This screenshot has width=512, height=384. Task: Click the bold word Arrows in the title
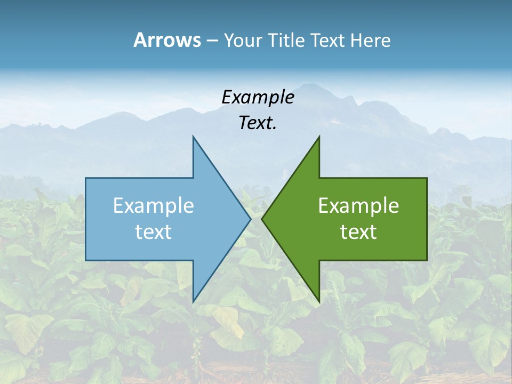[x=167, y=40]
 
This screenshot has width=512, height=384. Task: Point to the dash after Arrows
[x=212, y=41]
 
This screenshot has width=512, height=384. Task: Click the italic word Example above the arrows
[x=258, y=97]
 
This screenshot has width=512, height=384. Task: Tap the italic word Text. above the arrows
[x=258, y=123]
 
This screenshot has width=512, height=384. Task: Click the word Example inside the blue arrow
[x=154, y=205]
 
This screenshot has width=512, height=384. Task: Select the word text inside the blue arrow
[x=154, y=232]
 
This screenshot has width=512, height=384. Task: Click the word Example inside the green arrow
[x=358, y=205]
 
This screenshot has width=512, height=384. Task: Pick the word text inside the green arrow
[x=358, y=232]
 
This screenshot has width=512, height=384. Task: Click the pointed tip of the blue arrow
[x=251, y=219]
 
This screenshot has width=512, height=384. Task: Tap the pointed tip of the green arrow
[x=262, y=219]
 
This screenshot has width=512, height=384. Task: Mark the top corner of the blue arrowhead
[x=193, y=137]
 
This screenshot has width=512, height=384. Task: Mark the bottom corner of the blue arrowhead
[x=193, y=301]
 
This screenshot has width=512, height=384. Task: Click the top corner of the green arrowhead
[x=319, y=137]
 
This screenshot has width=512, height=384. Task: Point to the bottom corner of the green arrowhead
[x=319, y=301]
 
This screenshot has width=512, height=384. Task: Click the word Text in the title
[x=327, y=40]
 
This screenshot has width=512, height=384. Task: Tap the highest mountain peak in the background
[x=315, y=84]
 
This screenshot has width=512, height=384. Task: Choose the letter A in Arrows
[x=140, y=40]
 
